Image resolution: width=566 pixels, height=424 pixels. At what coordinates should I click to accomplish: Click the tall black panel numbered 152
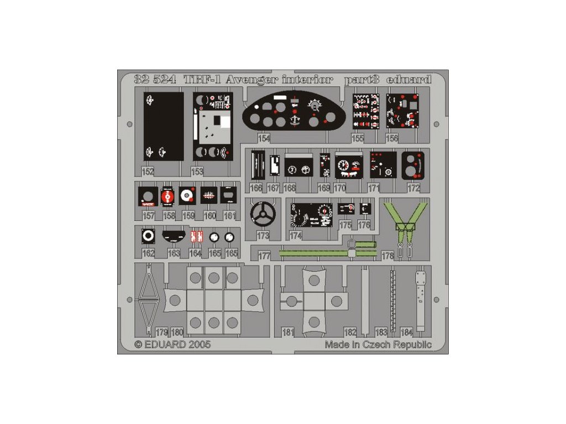coord(164,126)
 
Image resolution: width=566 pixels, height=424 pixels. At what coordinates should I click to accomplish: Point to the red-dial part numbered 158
coord(167,196)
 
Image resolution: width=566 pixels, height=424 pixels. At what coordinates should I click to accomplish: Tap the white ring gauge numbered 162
coord(148,236)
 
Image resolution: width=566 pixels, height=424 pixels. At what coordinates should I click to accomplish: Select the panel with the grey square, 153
coord(213,126)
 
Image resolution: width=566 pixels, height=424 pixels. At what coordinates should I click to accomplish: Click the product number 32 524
coord(155,79)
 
